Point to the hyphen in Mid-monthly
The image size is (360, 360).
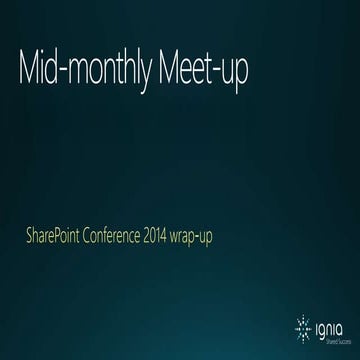pyautogui.click(x=74, y=75)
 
